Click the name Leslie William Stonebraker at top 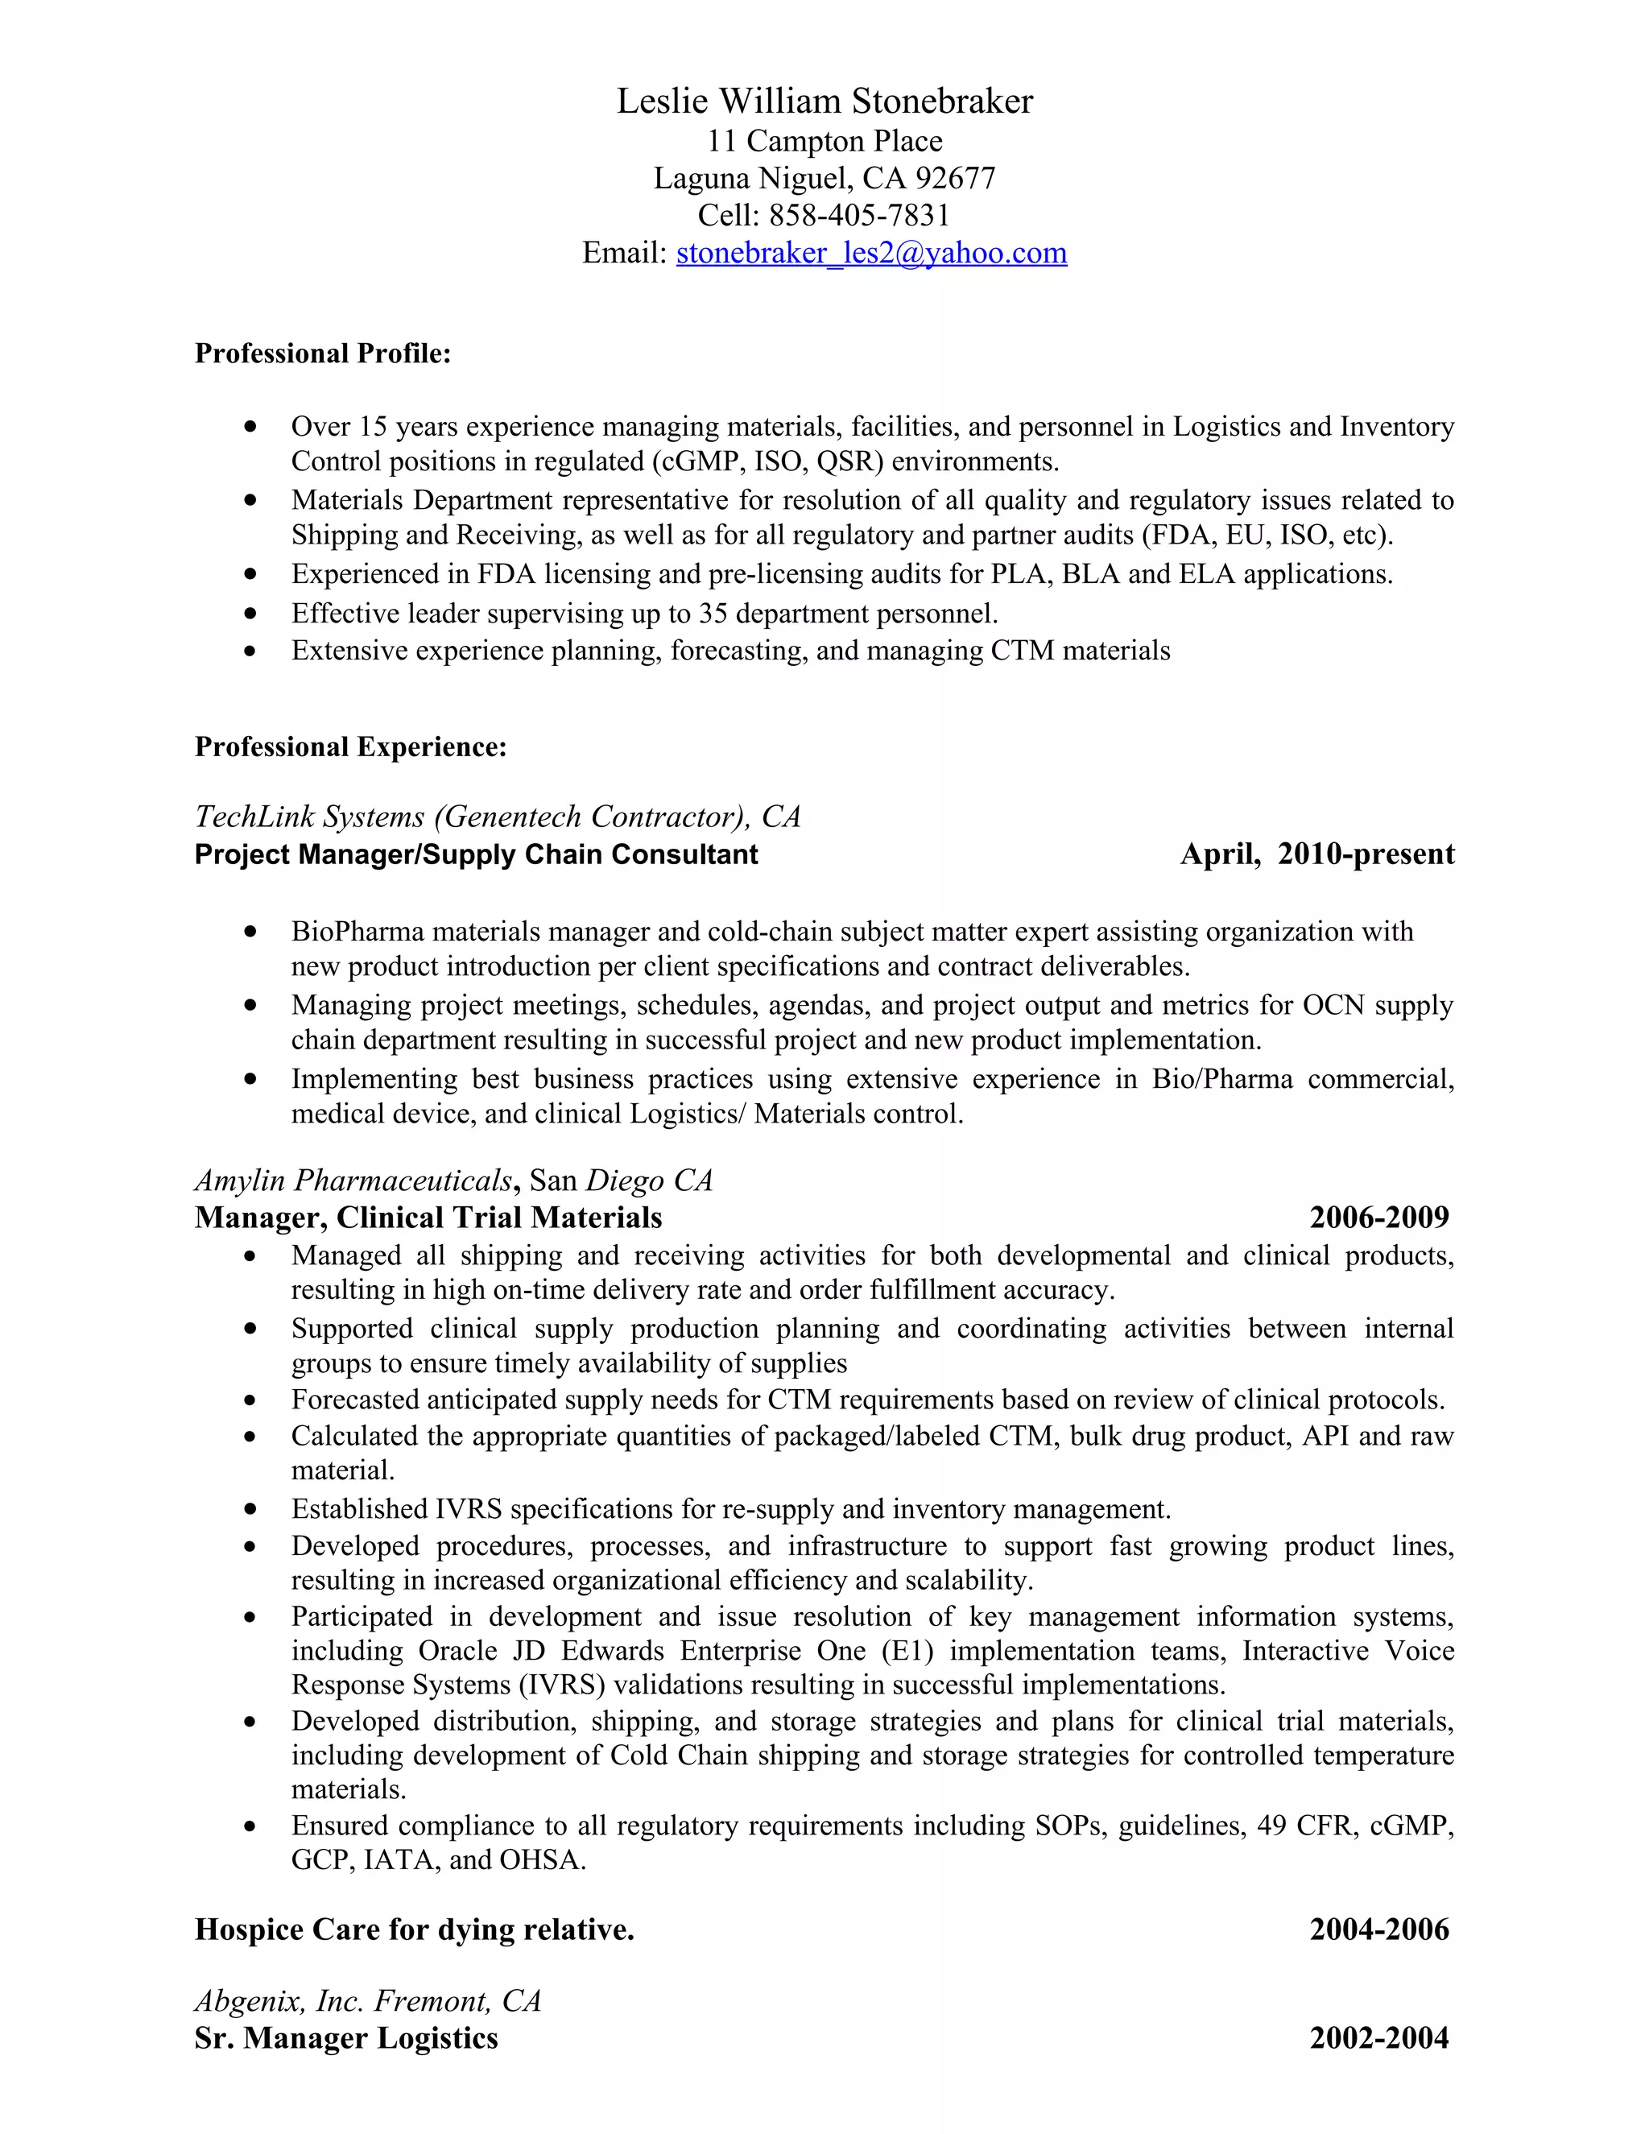pyautogui.click(x=824, y=101)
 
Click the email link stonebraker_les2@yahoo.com pyautogui.click(x=871, y=253)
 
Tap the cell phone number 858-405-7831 pyautogui.click(x=858, y=215)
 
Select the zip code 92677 pyautogui.click(x=956, y=178)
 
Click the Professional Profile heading pyautogui.click(x=322, y=354)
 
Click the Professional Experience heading pyautogui.click(x=351, y=747)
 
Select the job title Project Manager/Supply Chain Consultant pyautogui.click(x=476, y=855)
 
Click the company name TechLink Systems pyautogui.click(x=310, y=817)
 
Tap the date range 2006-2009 pyautogui.click(x=1378, y=1218)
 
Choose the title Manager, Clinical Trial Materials pyautogui.click(x=428, y=1218)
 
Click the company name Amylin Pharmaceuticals pyautogui.click(x=353, y=1181)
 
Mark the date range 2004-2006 pyautogui.click(x=1378, y=1929)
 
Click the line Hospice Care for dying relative pyautogui.click(x=414, y=1929)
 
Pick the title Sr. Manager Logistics pyautogui.click(x=345, y=2039)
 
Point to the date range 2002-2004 pyautogui.click(x=1378, y=2039)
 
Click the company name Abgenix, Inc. pyautogui.click(x=279, y=2002)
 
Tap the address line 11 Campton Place pyautogui.click(x=824, y=142)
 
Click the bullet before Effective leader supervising pyautogui.click(x=251, y=614)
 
